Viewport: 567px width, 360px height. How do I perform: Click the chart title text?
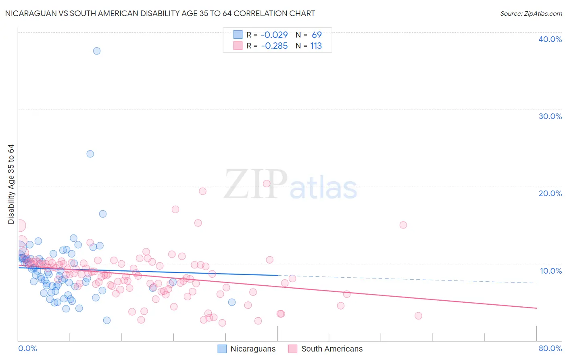coord(160,13)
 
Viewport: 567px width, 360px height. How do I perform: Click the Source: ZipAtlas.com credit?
coord(531,13)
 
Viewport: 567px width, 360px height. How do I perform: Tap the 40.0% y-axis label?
coord(550,39)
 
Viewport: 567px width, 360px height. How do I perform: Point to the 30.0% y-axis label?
coord(550,116)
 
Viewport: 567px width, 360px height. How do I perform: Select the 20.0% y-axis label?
coord(550,193)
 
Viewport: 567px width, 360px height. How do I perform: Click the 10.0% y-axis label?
coord(550,271)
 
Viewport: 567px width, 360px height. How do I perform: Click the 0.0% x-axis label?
coord(27,348)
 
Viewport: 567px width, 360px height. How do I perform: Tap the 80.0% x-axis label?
coord(550,348)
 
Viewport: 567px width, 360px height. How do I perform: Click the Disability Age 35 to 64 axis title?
coord(11,184)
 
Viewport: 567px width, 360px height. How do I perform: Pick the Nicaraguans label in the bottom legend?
coord(253,349)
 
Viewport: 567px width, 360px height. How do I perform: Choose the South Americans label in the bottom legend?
coord(332,349)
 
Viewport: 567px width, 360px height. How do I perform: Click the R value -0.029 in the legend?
coord(274,35)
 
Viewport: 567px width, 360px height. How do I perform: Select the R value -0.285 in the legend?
coord(274,46)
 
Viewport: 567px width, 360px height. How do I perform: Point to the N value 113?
coord(316,46)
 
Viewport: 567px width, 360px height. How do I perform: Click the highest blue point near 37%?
coord(97,51)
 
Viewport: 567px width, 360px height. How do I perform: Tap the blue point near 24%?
coord(90,154)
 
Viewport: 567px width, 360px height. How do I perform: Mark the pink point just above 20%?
coord(267,184)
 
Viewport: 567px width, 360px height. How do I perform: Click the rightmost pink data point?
coord(418,316)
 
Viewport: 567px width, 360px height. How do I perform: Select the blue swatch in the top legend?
coord(238,35)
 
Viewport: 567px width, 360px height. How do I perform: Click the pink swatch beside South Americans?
coord(293,349)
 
